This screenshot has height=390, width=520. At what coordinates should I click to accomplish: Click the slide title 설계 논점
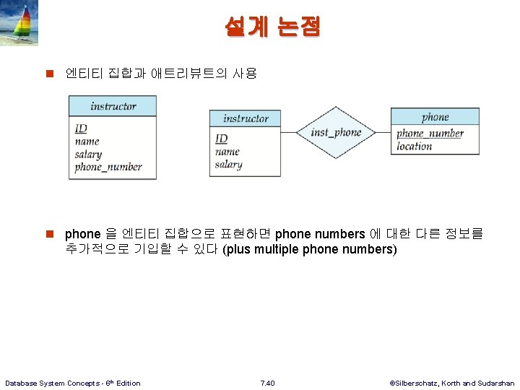pos(272,27)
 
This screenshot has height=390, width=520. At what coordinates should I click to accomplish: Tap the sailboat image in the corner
pos(19,23)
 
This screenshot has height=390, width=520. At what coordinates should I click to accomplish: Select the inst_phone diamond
pos(335,133)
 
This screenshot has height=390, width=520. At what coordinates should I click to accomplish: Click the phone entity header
pos(435,117)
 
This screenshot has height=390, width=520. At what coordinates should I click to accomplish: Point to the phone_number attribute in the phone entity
pos(430,133)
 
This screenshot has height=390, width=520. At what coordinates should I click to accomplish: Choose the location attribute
pos(415,146)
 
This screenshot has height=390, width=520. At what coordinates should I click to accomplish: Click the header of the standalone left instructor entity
pos(113,106)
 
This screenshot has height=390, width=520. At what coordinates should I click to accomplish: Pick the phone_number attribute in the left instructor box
pos(108,167)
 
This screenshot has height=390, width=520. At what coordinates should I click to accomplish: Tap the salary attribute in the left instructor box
pos(88,154)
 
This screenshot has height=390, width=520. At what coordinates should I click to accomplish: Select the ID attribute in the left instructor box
pos(81,129)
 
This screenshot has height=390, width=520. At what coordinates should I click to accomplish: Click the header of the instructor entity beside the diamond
pos(245,118)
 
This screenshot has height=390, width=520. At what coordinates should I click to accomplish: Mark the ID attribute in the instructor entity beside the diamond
pos(221,139)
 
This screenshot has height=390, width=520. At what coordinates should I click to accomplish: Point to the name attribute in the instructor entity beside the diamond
pos(227,152)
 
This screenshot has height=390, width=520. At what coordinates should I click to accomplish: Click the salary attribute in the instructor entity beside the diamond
pos(228,165)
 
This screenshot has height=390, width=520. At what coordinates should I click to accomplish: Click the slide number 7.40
pos(267,383)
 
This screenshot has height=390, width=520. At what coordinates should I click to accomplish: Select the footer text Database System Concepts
pos(72,383)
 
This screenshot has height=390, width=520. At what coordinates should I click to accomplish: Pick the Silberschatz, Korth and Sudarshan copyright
pos(451,383)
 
